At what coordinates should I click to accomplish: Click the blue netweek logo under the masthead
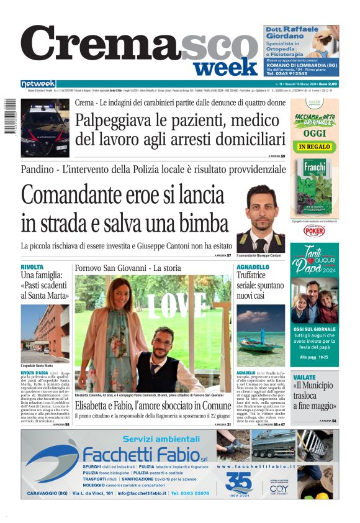click(38, 84)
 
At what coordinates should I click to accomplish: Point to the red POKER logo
click(314, 230)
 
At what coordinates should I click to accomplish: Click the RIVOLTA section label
click(32, 266)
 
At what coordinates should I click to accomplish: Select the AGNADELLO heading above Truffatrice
click(253, 266)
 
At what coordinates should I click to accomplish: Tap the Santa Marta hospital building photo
click(45, 332)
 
